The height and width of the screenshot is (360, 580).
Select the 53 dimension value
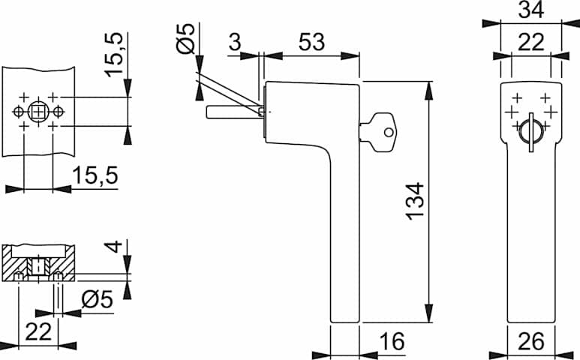(x=311, y=41)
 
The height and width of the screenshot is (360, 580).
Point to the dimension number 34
(x=531, y=10)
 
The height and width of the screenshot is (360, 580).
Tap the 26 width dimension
(x=531, y=341)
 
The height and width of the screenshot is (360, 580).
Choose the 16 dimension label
(x=392, y=341)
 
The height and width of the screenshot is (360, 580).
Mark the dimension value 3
(x=235, y=41)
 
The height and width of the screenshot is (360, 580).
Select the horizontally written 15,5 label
(x=95, y=175)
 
